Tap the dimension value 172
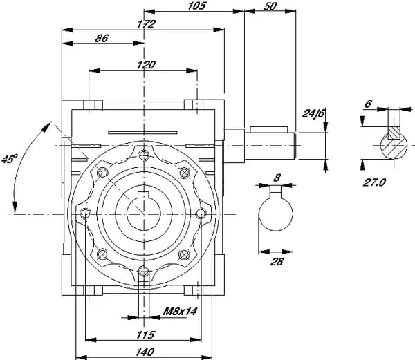pos(146,23)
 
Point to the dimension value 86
pos(102,39)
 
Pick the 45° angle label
pos(8,160)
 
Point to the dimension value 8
pos(277,177)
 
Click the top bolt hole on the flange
pos(143,154)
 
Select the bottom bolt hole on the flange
pos(143,271)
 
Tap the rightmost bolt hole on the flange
pos(201,212)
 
